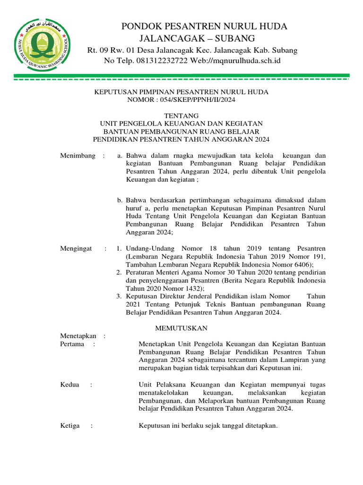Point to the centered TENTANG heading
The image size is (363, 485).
click(x=181, y=116)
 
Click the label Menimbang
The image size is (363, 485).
click(x=77, y=155)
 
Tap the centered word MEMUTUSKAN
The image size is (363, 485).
click(x=181, y=328)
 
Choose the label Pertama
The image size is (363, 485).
click(x=72, y=344)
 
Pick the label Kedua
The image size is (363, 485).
click(x=70, y=385)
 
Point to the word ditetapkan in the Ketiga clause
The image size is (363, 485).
click(x=259, y=425)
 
